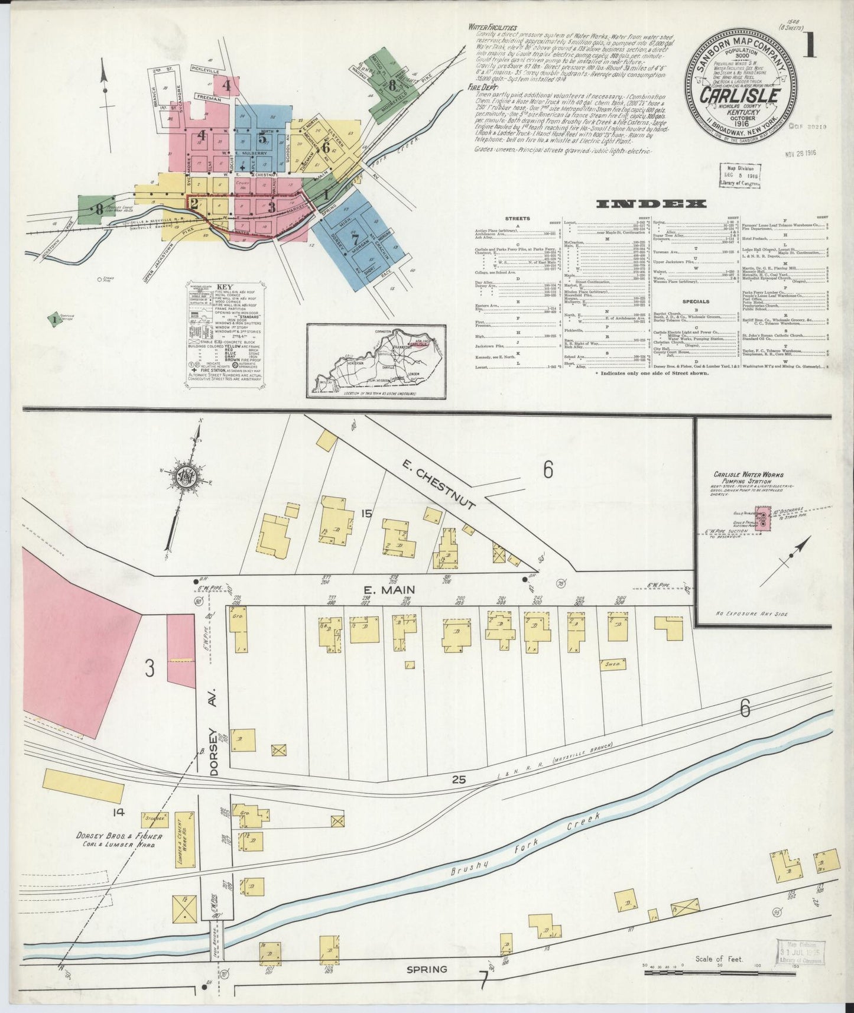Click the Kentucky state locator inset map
coord(376,361)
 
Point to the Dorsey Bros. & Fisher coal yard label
coord(115,840)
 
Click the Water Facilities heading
coord(492,27)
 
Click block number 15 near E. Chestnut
coord(367,514)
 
